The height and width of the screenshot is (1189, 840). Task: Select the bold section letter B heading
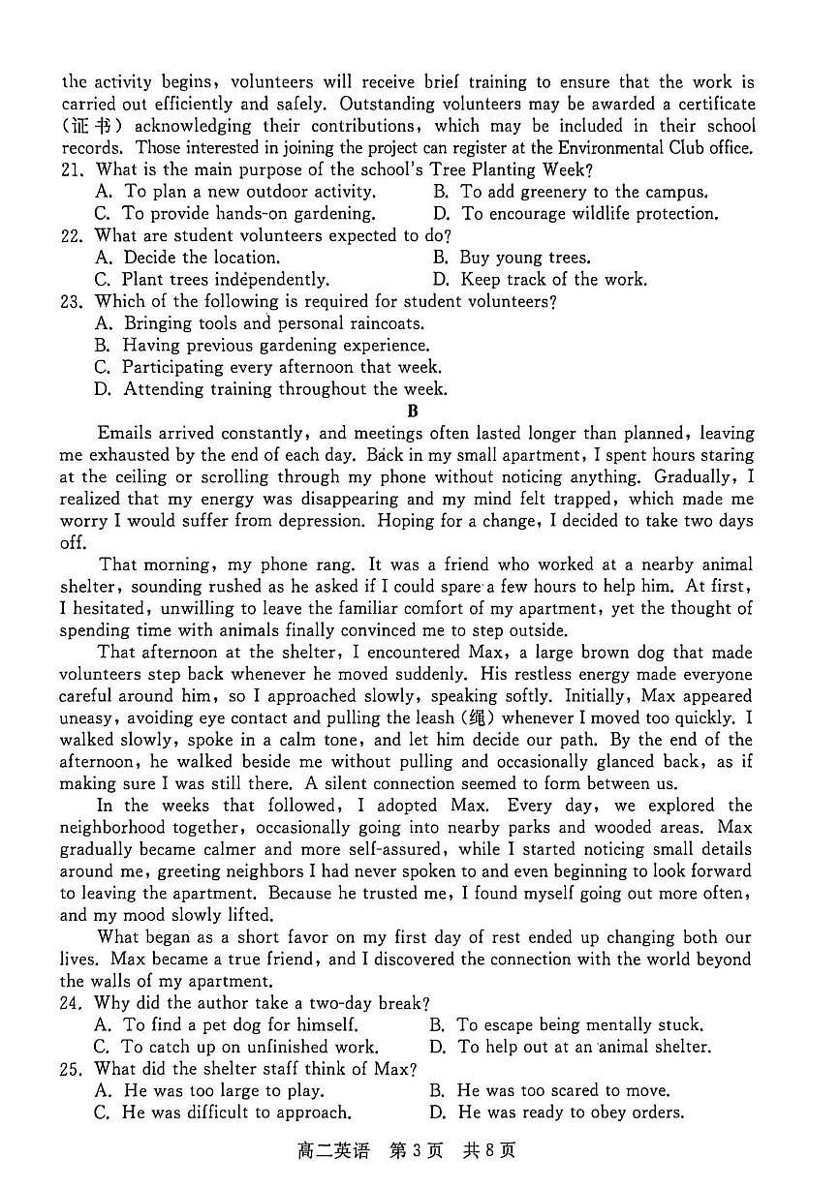click(x=413, y=412)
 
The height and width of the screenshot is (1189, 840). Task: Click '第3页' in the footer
click(x=416, y=1152)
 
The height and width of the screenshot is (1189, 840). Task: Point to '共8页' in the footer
click(x=488, y=1152)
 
